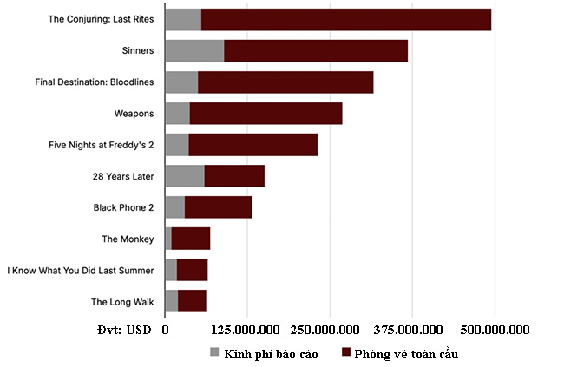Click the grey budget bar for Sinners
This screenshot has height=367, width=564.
click(x=194, y=50)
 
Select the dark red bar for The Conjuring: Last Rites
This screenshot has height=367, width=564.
click(x=345, y=19)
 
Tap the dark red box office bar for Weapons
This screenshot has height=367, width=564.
click(x=266, y=113)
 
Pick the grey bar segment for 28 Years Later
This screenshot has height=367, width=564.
click(x=184, y=176)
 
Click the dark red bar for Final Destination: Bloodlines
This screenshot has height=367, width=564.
click(x=285, y=82)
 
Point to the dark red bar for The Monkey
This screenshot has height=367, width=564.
click(x=190, y=239)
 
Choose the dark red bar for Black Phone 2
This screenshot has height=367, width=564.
click(x=218, y=207)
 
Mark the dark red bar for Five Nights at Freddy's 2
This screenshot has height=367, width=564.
click(x=252, y=145)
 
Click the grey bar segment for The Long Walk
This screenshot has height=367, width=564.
click(x=171, y=301)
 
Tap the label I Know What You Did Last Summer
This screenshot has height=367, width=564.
click(x=81, y=271)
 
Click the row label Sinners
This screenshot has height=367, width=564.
click(x=138, y=50)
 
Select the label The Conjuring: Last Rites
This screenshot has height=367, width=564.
click(x=101, y=19)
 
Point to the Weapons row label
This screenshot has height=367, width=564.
click(x=134, y=113)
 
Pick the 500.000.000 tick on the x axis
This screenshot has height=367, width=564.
click(x=494, y=331)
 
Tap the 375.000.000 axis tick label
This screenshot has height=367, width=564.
click(x=412, y=331)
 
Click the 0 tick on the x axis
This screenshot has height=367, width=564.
click(x=165, y=331)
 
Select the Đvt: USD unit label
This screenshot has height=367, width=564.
click(x=125, y=331)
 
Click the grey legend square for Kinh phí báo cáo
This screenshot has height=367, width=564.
click(x=215, y=352)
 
